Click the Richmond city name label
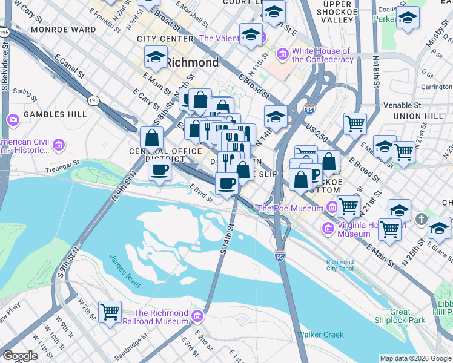tap(192, 62)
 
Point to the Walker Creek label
tap(320, 335)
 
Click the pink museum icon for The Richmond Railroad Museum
tap(197, 316)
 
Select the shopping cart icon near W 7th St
tap(110, 312)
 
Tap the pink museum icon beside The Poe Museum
tap(331, 208)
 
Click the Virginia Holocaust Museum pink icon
tap(328, 229)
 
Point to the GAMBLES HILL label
tap(47, 114)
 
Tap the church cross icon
tap(422, 217)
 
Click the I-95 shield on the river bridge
tap(279, 256)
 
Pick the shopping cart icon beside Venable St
tap(355, 124)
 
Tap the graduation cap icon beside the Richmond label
tap(156, 58)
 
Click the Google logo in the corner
tap(20, 356)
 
